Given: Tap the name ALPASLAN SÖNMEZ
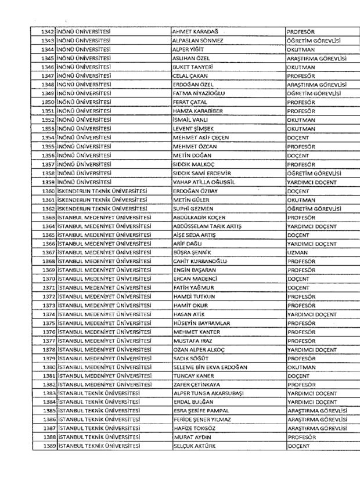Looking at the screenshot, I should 198,41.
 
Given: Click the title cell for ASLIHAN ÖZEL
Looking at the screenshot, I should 316,59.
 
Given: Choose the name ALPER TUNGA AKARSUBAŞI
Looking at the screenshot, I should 211,393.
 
